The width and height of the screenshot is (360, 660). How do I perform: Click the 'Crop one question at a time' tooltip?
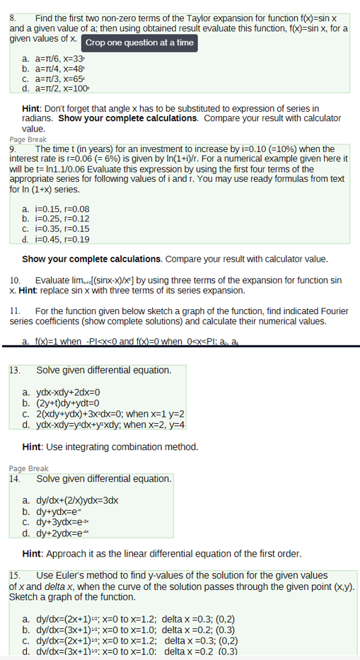tap(139, 42)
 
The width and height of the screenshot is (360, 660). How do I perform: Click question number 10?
tap(15, 281)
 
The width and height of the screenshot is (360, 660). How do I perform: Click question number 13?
tap(15, 370)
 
